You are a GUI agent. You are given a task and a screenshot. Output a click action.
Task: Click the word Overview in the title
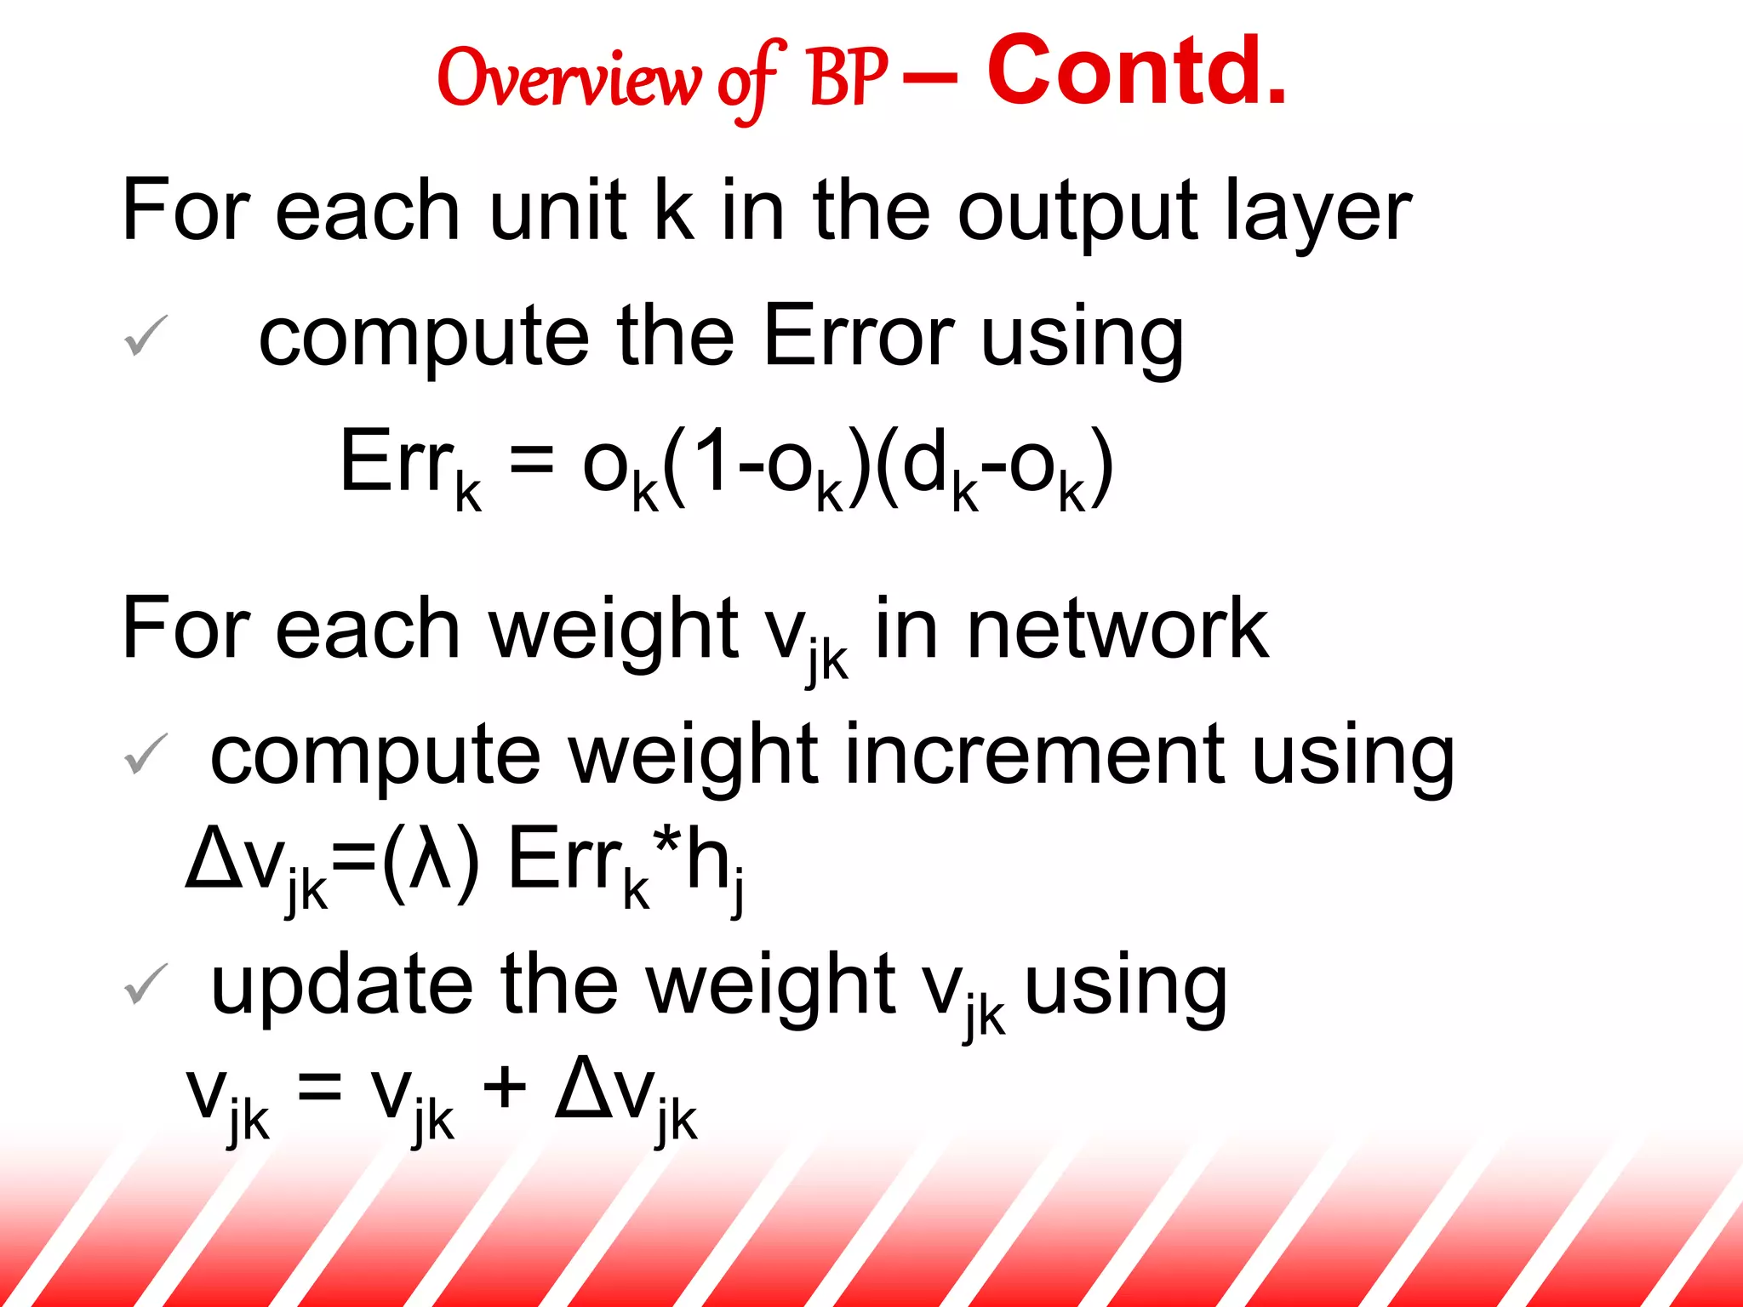[569, 79]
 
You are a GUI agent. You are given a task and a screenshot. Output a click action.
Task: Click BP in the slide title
[848, 79]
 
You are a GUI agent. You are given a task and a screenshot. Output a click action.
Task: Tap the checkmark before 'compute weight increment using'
[146, 754]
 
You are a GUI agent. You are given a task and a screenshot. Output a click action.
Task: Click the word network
[1117, 629]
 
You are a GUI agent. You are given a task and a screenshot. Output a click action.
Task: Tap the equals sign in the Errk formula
[532, 462]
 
